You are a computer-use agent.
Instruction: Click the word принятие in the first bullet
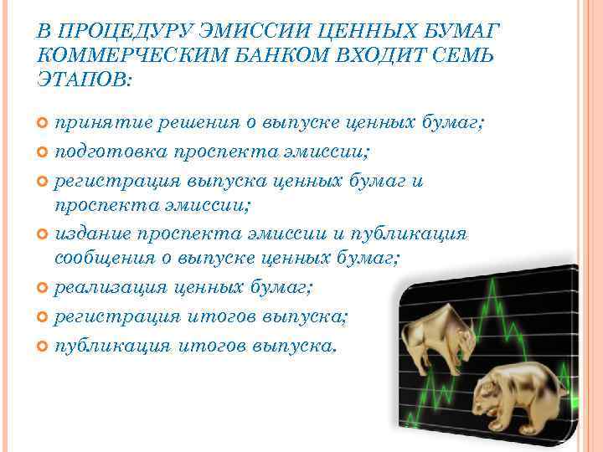tap(93, 123)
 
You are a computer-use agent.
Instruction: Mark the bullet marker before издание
tap(44, 234)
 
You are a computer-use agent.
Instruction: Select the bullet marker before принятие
tap(44, 124)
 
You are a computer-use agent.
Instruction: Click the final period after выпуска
tap(334, 351)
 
